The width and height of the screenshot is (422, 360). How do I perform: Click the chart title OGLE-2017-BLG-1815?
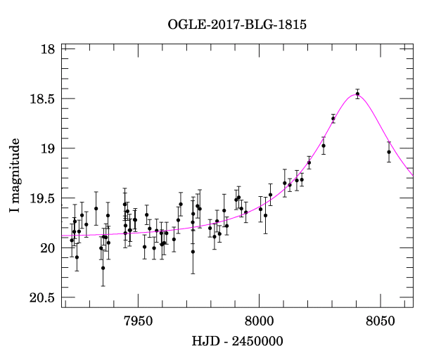tap(237, 25)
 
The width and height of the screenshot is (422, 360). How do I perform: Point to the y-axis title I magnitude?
tap(15, 176)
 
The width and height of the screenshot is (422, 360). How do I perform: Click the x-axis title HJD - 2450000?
tap(237, 342)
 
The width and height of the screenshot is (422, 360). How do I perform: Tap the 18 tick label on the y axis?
tap(48, 49)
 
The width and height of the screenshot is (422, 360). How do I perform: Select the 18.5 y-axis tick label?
tap(43, 99)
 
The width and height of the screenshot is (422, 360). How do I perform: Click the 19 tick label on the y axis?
tap(48, 149)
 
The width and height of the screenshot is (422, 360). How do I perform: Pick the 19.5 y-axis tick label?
tap(43, 199)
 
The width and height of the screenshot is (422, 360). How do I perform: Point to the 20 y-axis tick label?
tap(48, 248)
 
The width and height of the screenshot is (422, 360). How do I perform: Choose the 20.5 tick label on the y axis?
tap(43, 298)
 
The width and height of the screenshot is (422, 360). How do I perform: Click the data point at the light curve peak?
tap(357, 94)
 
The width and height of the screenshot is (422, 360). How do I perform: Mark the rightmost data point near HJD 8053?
tap(389, 152)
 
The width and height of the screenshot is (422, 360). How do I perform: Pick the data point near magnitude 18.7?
tap(333, 118)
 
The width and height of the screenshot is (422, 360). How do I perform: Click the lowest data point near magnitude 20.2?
tap(103, 268)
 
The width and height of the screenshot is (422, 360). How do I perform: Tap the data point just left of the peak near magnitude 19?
tap(324, 146)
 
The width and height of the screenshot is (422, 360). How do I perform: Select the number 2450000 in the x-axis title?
tap(257, 342)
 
